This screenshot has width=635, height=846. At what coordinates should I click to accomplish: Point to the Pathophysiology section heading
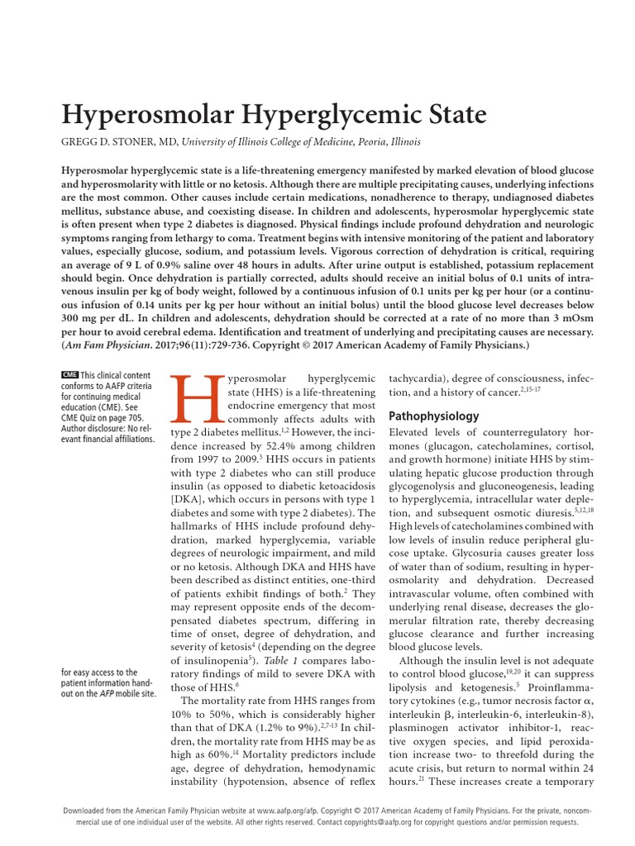click(x=434, y=416)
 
